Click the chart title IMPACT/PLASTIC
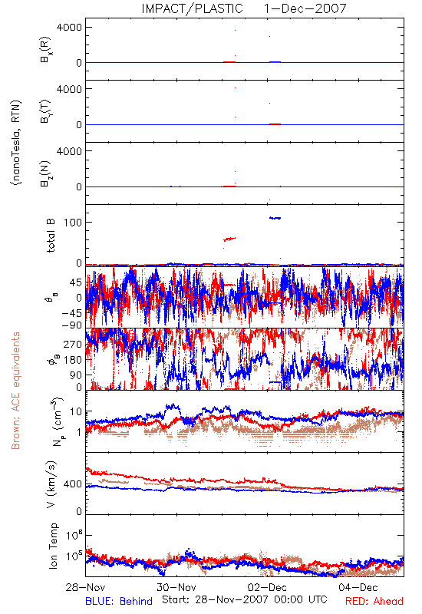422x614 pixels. coord(192,8)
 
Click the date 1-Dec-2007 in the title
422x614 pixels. coord(305,8)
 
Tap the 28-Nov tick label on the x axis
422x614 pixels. coord(85,587)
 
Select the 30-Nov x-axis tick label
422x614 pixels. coord(176,587)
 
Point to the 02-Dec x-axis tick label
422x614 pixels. coord(267,587)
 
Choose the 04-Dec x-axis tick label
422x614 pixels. coord(358,587)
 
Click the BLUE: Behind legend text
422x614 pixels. coord(119,602)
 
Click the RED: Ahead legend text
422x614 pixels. coord(374,602)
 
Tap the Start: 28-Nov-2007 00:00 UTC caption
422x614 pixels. coord(245,599)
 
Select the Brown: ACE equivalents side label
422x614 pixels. coord(15,391)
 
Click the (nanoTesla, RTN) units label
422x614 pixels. coord(16,143)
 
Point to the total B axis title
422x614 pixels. coord(51,236)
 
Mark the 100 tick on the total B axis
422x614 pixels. coord(73,223)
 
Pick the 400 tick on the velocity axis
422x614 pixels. coord(73,484)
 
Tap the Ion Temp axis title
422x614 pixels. coord(53,546)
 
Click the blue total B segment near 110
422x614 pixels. coord(275,218)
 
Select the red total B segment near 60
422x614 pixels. coord(229,239)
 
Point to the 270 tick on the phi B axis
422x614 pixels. coord(73,345)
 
